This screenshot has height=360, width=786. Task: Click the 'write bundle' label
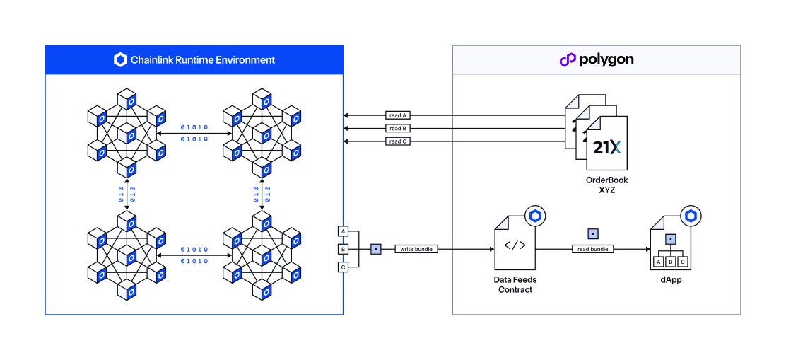pyautogui.click(x=417, y=249)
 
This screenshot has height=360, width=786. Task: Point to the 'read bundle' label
pyautogui.click(x=592, y=249)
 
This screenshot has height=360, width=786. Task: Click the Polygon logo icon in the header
pyautogui.click(x=568, y=60)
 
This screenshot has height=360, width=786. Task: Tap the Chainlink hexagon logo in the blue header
pyautogui.click(x=120, y=60)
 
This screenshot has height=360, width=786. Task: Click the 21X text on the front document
pyautogui.click(x=606, y=147)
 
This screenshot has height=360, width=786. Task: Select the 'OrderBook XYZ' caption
pyautogui.click(x=606, y=185)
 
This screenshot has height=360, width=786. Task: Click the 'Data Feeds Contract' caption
pyautogui.click(x=515, y=284)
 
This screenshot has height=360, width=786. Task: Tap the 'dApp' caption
pyautogui.click(x=671, y=280)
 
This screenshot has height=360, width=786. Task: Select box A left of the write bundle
pyautogui.click(x=344, y=231)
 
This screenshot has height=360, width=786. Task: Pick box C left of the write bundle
pyautogui.click(x=344, y=267)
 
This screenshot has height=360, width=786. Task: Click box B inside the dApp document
pyautogui.click(x=670, y=262)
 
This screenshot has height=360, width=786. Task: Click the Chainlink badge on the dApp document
pyautogui.click(x=690, y=216)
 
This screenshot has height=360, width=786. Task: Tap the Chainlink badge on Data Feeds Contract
pyautogui.click(x=534, y=216)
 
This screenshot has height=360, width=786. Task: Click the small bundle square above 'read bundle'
pyautogui.click(x=592, y=233)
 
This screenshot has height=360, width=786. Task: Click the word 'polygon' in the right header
pyautogui.click(x=606, y=60)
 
